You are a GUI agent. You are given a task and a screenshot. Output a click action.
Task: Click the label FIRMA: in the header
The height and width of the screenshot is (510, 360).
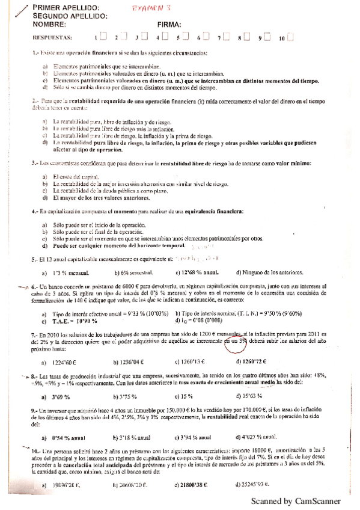[x=169, y=24]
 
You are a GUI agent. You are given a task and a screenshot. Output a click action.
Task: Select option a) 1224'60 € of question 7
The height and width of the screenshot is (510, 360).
[x=65, y=362]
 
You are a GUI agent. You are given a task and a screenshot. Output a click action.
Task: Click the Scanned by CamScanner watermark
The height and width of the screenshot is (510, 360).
[x=296, y=501]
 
